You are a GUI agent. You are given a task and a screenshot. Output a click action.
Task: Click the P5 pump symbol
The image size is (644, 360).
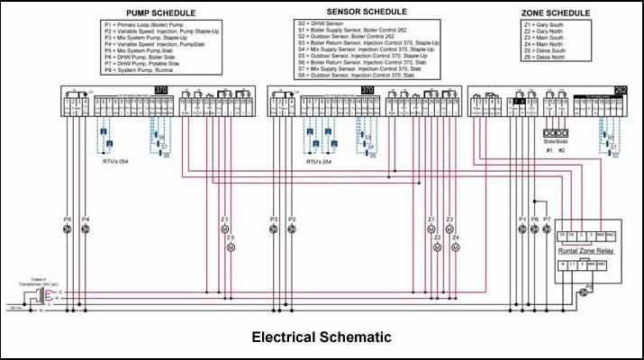[x=66, y=230]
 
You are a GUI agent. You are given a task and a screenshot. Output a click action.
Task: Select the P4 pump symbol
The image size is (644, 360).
[x=86, y=230]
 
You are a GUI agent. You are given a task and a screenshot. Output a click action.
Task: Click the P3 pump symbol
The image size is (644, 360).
[x=274, y=230]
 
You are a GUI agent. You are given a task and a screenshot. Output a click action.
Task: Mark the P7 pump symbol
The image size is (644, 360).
[x=547, y=230]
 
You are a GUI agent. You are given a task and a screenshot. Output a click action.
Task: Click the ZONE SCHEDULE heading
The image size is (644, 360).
[x=556, y=13]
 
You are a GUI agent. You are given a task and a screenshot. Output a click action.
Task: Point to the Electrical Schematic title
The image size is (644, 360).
[x=322, y=337]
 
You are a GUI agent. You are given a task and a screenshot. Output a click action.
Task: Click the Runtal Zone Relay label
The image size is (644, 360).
[x=587, y=251]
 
